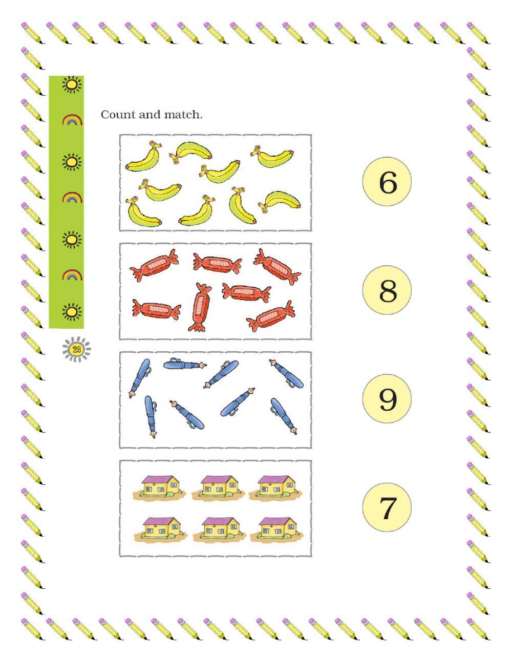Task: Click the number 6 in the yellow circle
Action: pyautogui.click(x=388, y=182)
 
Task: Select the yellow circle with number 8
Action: pyautogui.click(x=388, y=290)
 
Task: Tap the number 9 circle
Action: pyautogui.click(x=388, y=399)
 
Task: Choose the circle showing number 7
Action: pyautogui.click(x=388, y=507)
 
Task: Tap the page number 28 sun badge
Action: pyautogui.click(x=77, y=350)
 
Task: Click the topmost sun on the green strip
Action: pyautogui.click(x=72, y=84)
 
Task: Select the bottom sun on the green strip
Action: pyautogui.click(x=72, y=311)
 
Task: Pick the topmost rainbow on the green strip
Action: pyautogui.click(x=72, y=121)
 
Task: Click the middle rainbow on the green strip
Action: pyautogui.click(x=72, y=198)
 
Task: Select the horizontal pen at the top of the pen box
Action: pyautogui.click(x=185, y=365)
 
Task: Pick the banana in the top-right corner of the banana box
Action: pyautogui.click(x=273, y=158)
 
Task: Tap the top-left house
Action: pyautogui.click(x=161, y=487)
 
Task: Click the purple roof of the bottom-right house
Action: pyautogui.click(x=275, y=521)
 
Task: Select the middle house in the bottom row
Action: pyautogui.click(x=220, y=529)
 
